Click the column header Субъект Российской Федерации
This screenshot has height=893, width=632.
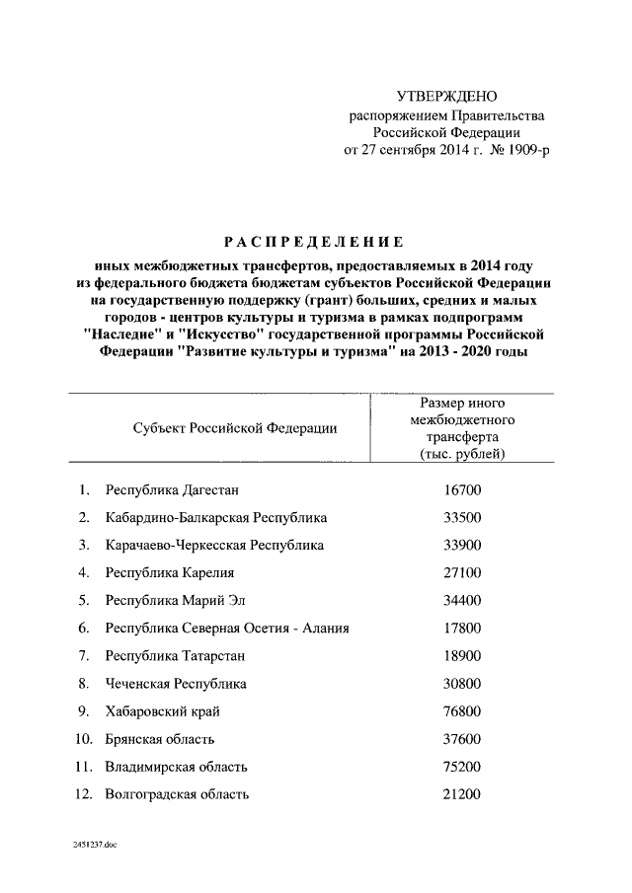[234, 427]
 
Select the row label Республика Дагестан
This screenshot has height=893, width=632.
[172, 489]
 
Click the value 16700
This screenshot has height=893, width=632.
[463, 489]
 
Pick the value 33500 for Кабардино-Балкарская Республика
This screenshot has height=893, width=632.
[463, 517]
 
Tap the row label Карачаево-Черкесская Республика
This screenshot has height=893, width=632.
[214, 545]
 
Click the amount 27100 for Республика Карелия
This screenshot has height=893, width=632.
[463, 572]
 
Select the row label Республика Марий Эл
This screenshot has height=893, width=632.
[175, 600]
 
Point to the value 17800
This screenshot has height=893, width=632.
[463, 628]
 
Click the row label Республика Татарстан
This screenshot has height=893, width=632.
[175, 655]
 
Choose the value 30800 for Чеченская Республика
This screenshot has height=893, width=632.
[463, 683]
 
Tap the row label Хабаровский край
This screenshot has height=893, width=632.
[162, 710]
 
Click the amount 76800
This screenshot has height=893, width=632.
[463, 710]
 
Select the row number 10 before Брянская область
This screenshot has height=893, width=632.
[84, 738]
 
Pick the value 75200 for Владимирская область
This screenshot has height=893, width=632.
[463, 766]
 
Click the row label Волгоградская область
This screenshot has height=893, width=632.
[177, 793]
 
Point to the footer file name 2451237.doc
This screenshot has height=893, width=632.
[94, 846]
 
